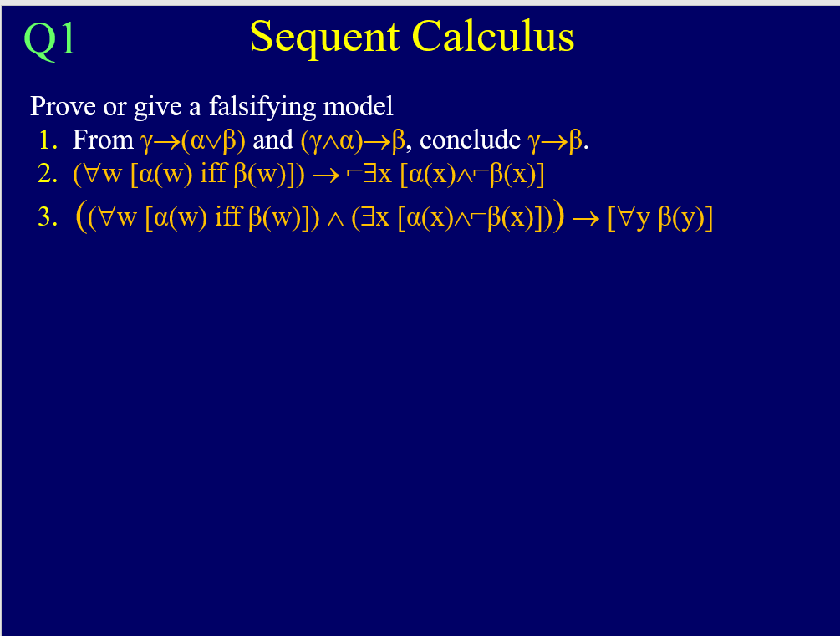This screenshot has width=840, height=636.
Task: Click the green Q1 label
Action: point(50,39)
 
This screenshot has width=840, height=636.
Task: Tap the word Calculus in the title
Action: point(492,38)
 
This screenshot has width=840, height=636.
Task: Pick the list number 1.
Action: point(44,140)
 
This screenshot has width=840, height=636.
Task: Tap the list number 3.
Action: point(47,217)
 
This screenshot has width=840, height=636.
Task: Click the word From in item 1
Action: point(103,140)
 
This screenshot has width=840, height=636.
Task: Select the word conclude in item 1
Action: point(471,140)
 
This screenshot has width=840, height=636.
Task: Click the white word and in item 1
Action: point(272,140)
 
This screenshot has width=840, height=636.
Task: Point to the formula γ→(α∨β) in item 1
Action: point(193,140)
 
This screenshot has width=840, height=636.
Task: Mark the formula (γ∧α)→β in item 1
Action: point(352,140)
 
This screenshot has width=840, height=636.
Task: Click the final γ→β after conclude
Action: point(555,140)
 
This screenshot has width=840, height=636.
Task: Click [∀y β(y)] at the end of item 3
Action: point(660,217)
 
